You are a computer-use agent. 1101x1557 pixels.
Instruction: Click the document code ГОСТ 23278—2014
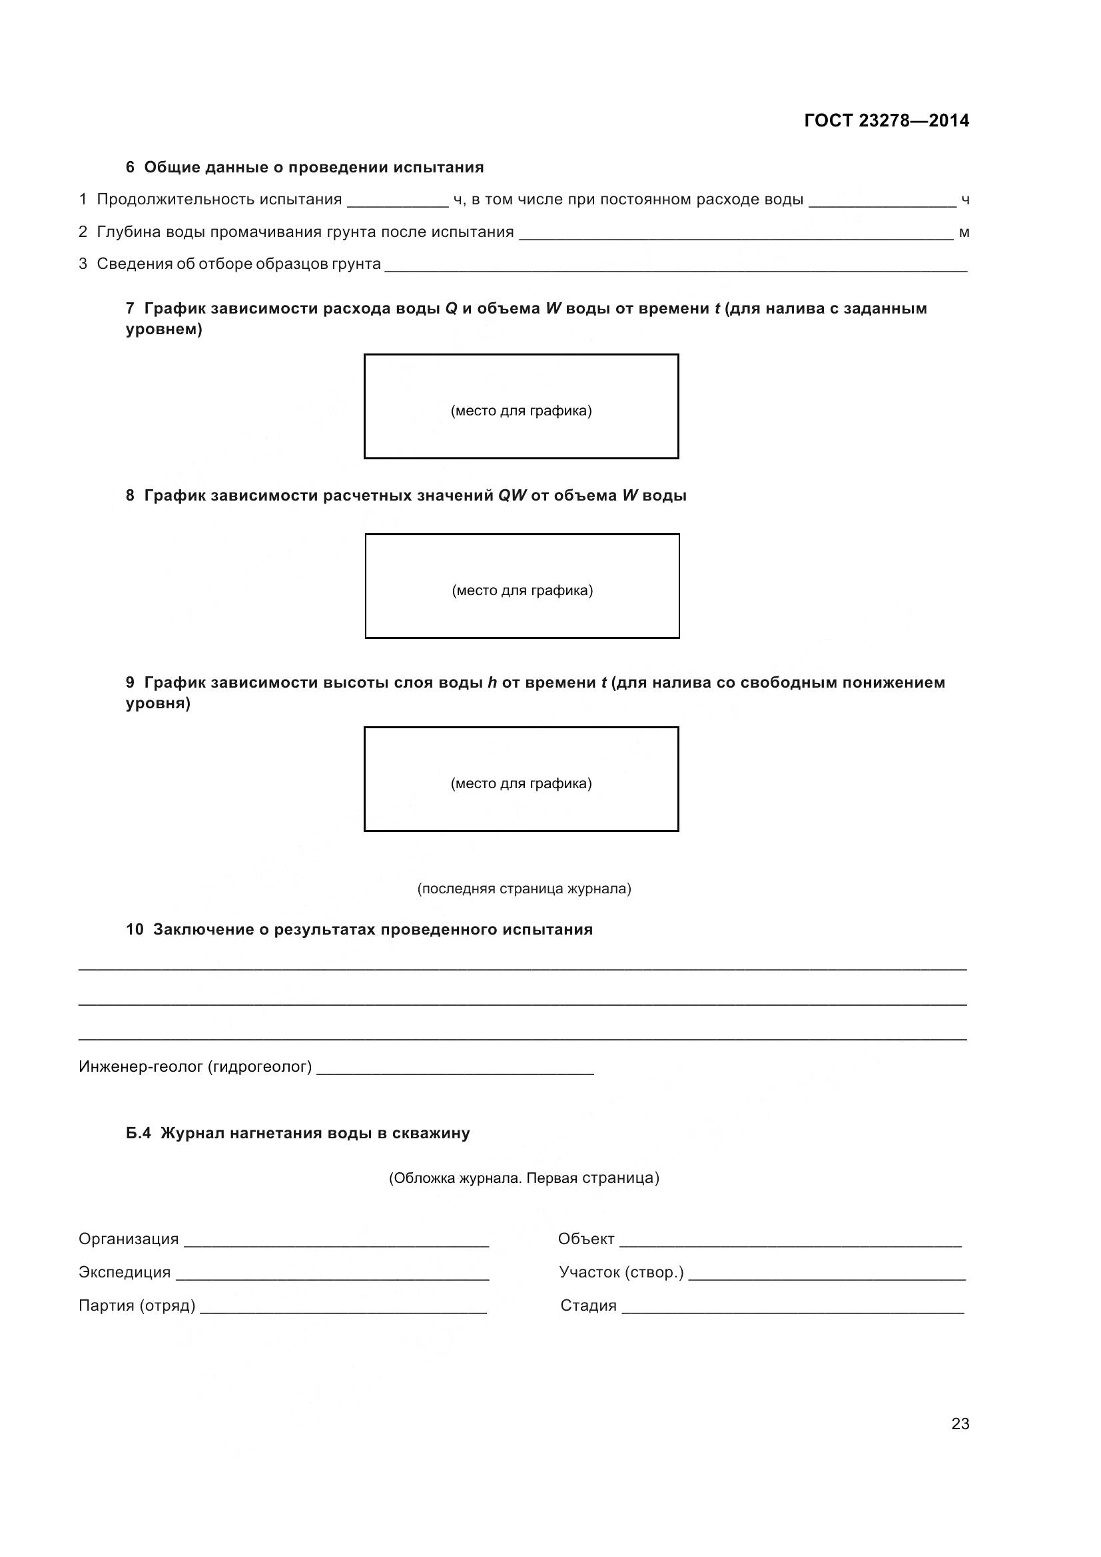coord(886,120)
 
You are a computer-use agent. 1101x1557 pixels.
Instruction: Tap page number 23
coord(960,1423)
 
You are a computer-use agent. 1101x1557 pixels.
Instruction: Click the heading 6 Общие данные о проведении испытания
coord(304,168)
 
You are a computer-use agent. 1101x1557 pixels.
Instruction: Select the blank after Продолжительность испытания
coord(398,202)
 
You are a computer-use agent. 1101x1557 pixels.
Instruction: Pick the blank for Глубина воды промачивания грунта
coord(735,234)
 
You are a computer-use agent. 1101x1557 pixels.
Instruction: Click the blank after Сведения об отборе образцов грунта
coord(675,267)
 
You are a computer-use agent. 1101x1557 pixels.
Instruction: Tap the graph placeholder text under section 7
coord(521,411)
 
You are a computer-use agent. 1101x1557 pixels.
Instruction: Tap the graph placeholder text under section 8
coord(522,590)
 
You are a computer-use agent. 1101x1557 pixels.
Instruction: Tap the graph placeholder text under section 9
coord(521,784)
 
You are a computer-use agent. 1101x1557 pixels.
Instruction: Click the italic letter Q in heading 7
coord(451,309)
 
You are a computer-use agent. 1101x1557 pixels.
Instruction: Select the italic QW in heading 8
coord(512,496)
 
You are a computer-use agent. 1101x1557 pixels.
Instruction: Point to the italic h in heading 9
coord(492,683)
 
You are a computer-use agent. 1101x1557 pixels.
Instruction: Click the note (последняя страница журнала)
coord(524,889)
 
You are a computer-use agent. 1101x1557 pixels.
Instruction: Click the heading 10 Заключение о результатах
coord(359,930)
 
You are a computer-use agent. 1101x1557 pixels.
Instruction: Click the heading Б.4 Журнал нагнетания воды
coord(298,1134)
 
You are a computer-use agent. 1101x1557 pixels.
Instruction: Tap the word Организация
coord(128,1239)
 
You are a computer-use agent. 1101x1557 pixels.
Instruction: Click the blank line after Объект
coord(791,1242)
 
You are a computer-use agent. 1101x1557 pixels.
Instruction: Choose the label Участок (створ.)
coord(621,1273)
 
